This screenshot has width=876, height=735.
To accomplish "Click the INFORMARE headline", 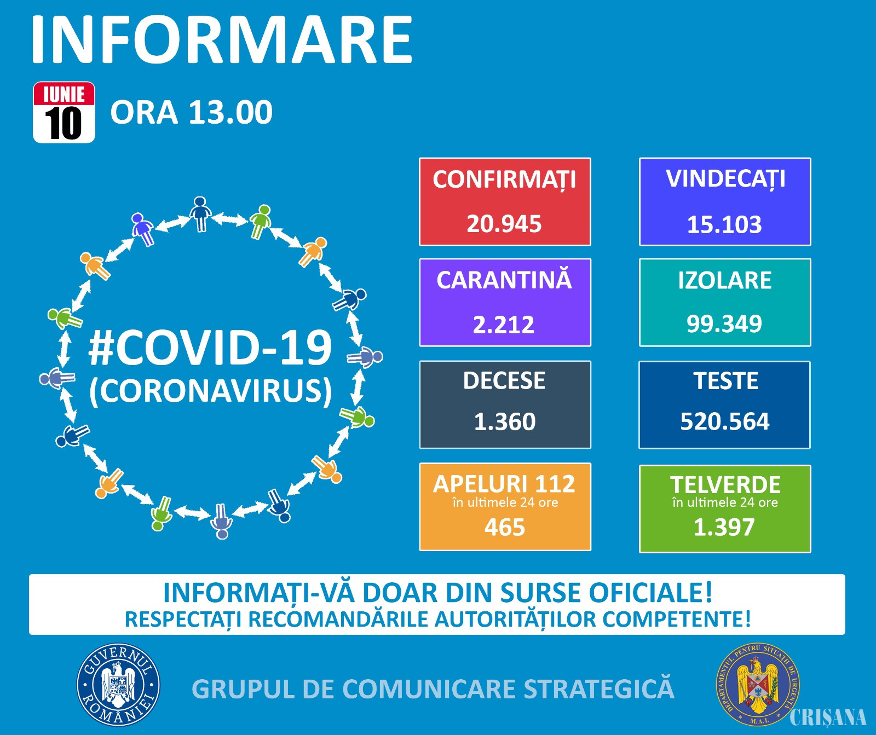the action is [222, 40].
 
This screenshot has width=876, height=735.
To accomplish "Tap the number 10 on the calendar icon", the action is [64, 124].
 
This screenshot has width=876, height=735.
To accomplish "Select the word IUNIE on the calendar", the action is [64, 95].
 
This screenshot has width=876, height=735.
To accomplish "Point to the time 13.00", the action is [230, 112].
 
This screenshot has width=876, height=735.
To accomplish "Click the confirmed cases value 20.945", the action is [504, 224].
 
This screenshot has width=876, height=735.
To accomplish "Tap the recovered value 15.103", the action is [724, 225].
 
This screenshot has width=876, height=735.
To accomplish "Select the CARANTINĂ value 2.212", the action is [504, 325].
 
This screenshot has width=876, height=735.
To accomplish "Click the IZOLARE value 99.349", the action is [724, 324].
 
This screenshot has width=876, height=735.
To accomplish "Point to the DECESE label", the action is [504, 381].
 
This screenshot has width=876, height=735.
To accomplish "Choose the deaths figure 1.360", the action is [505, 422].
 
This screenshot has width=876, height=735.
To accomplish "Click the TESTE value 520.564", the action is [725, 422].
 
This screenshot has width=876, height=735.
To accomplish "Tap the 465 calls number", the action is [505, 528].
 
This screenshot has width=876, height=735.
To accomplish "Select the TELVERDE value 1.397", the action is [724, 528].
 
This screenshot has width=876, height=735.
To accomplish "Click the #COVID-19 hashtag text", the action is [210, 348].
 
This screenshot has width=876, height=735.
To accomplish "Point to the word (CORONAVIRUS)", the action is [211, 391].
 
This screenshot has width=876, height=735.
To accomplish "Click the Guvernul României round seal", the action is [118, 685].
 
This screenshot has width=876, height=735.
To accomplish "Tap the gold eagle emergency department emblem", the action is [758, 684].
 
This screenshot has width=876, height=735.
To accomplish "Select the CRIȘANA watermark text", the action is [828, 717].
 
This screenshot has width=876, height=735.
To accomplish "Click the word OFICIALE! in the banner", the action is [650, 593].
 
